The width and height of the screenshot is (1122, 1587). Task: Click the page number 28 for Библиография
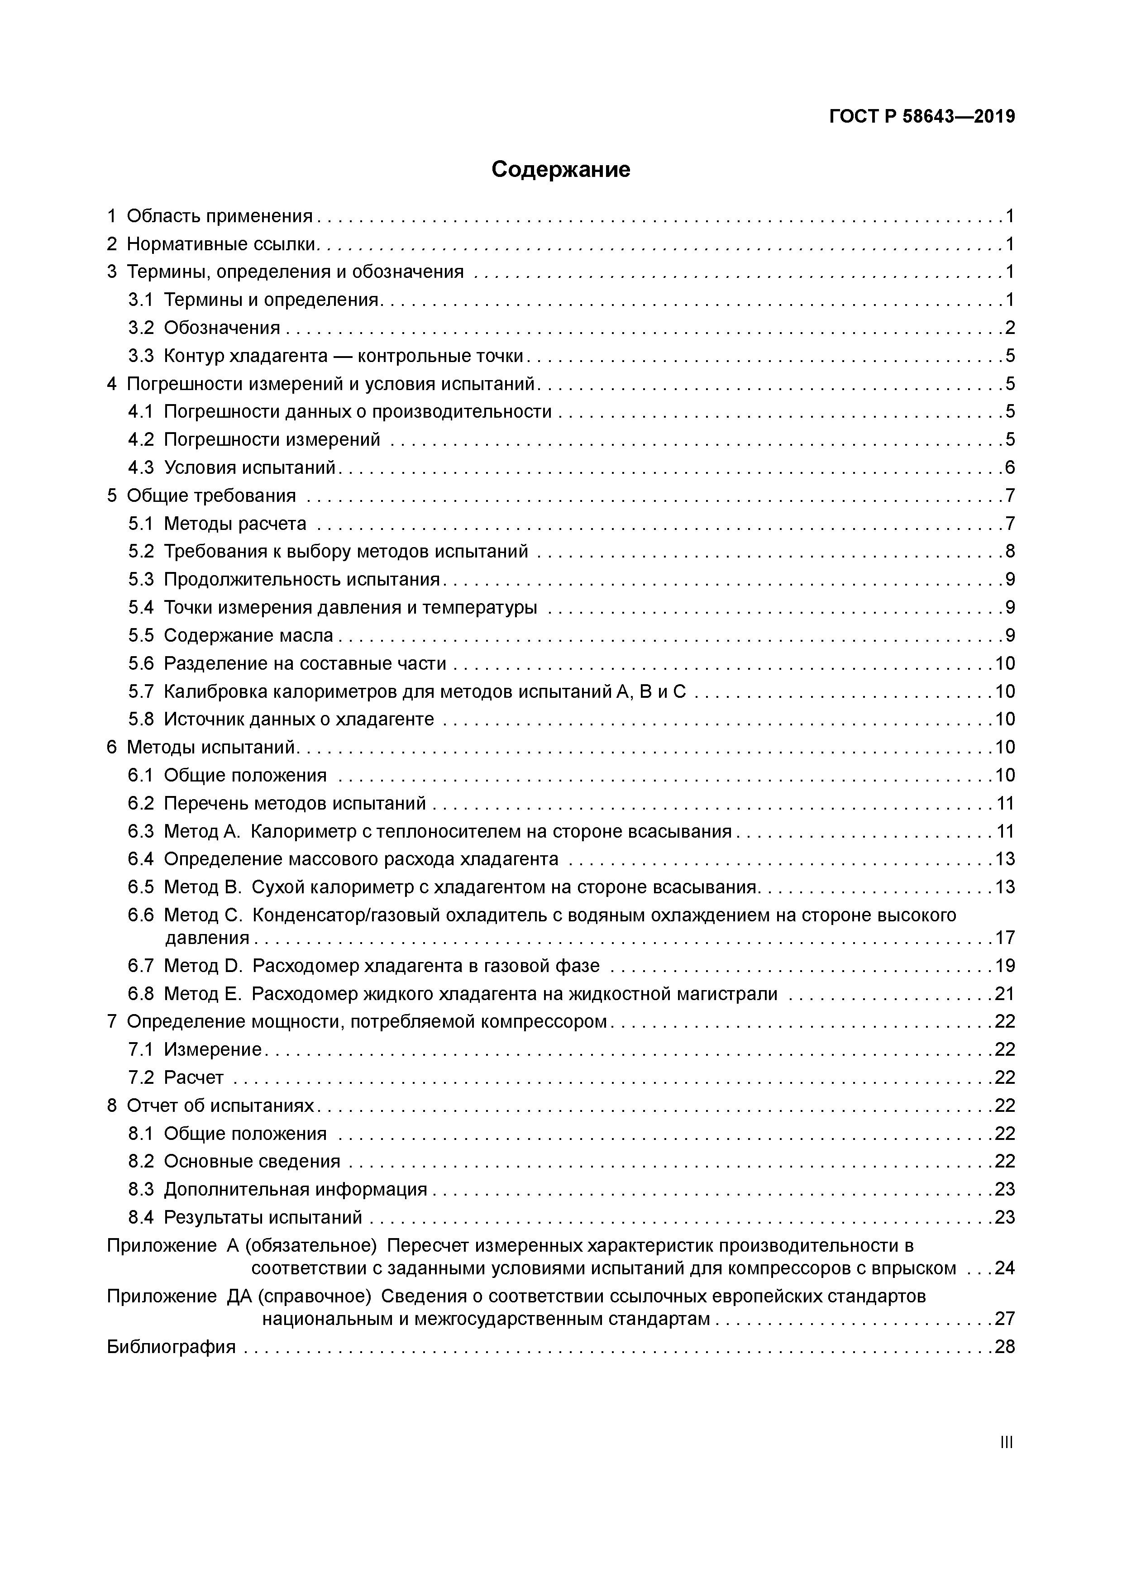1004,1346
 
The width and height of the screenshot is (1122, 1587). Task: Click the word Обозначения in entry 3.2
222,328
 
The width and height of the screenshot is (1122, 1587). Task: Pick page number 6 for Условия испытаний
1010,468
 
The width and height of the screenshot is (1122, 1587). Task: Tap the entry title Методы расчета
235,524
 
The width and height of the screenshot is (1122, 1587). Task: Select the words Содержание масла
248,635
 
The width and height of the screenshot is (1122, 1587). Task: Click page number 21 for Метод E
1004,994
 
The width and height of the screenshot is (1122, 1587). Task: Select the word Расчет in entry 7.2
194,1077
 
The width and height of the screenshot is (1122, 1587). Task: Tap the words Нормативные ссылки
222,244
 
